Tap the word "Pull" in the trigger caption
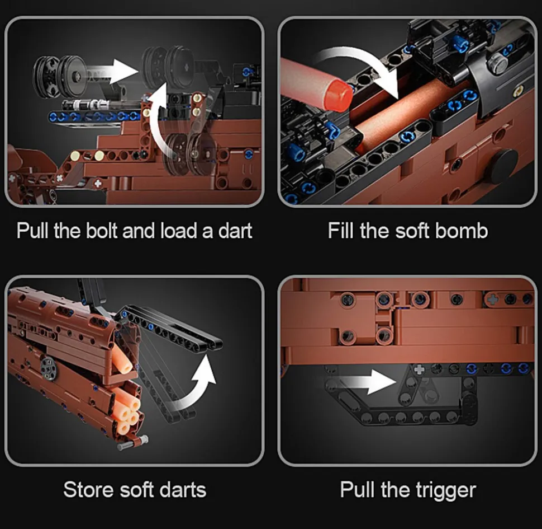(357, 490)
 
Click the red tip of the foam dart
(340, 93)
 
